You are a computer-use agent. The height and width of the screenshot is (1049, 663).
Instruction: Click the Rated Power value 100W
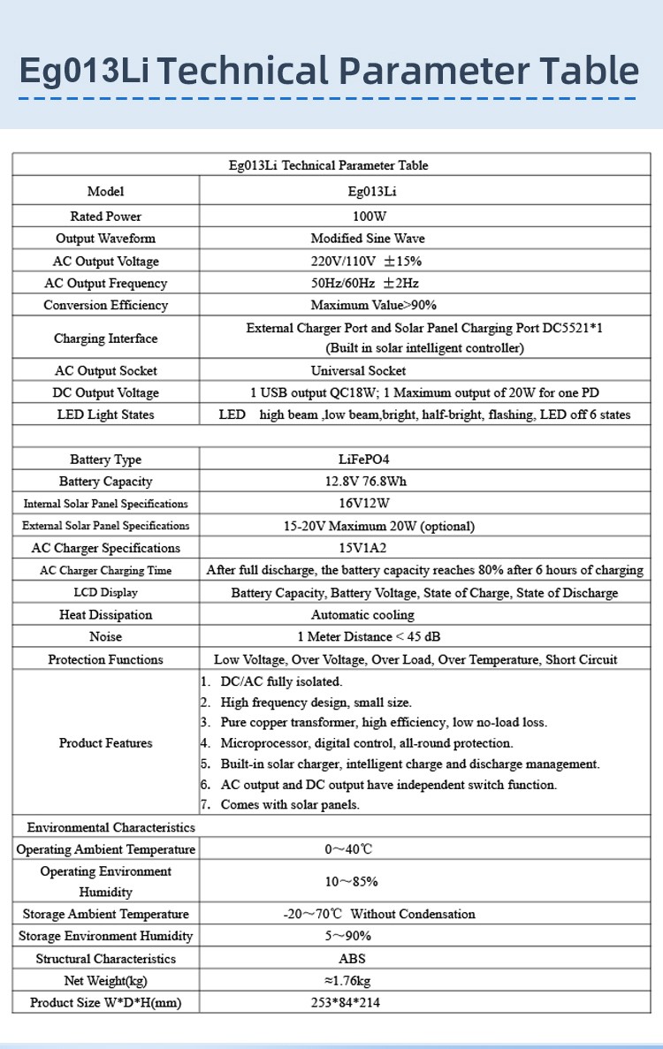pyautogui.click(x=369, y=217)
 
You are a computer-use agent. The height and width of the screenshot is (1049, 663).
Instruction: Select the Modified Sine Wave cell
pyautogui.click(x=368, y=239)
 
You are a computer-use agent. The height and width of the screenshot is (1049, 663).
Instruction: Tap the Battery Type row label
pyautogui.click(x=105, y=460)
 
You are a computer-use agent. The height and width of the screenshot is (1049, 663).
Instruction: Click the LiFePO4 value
pyautogui.click(x=369, y=460)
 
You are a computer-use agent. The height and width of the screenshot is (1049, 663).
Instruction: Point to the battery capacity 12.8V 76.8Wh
pyautogui.click(x=368, y=482)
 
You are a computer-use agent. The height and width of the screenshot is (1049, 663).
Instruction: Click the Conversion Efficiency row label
pyautogui.click(x=105, y=306)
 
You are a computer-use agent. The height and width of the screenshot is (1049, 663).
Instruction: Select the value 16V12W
pyautogui.click(x=369, y=504)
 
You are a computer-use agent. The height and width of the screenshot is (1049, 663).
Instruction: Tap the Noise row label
pyautogui.click(x=105, y=637)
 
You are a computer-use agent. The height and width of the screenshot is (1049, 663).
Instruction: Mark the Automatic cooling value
pyautogui.click(x=362, y=615)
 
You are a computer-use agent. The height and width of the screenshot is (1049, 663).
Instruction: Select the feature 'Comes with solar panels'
pyautogui.click(x=290, y=805)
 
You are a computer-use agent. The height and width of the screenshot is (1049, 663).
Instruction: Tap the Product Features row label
pyautogui.click(x=105, y=743)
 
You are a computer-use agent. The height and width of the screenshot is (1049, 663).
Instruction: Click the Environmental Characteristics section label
pyautogui.click(x=110, y=827)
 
